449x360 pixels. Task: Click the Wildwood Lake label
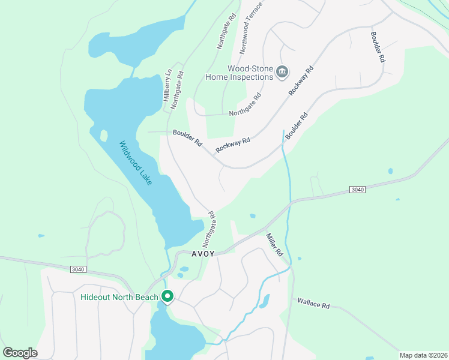pyautogui.click(x=136, y=163)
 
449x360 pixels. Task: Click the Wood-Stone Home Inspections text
pyautogui.click(x=239, y=73)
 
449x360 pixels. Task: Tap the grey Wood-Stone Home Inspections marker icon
pyautogui.click(x=283, y=73)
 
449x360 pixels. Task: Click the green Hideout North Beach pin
pyautogui.click(x=167, y=296)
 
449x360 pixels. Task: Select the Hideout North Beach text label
pyautogui.click(x=119, y=297)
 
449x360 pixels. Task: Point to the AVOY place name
pyautogui.click(x=203, y=253)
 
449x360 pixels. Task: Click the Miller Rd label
pyautogui.click(x=274, y=245)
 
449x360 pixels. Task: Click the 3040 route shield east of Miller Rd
pyautogui.click(x=357, y=190)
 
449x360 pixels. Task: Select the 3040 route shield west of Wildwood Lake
pyautogui.click(x=78, y=269)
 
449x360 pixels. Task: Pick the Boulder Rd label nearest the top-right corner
pyautogui.click(x=377, y=47)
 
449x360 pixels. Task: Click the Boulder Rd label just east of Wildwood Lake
pyautogui.click(x=187, y=138)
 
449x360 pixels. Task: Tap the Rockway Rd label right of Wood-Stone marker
pyautogui.click(x=301, y=80)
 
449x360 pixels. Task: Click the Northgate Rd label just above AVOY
pyautogui.click(x=209, y=229)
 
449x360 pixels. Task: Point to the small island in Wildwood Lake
pyautogui.click(x=103, y=136)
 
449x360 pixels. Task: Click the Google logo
pyautogui.click(x=20, y=352)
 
